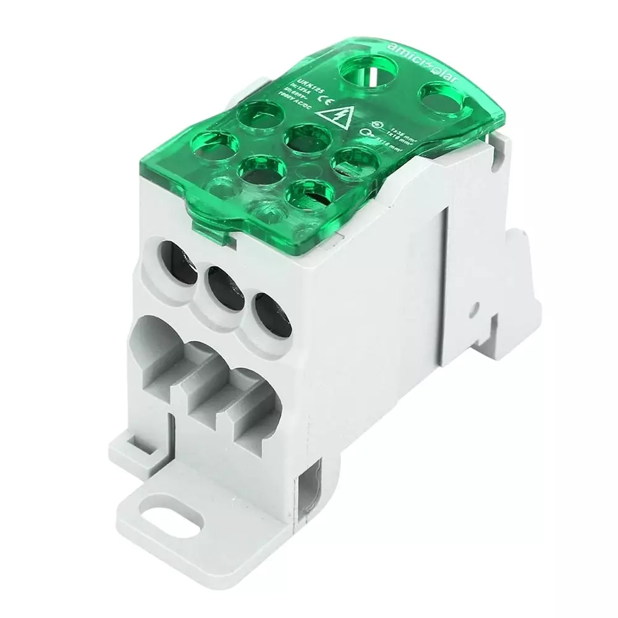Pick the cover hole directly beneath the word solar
(x=442, y=97)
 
